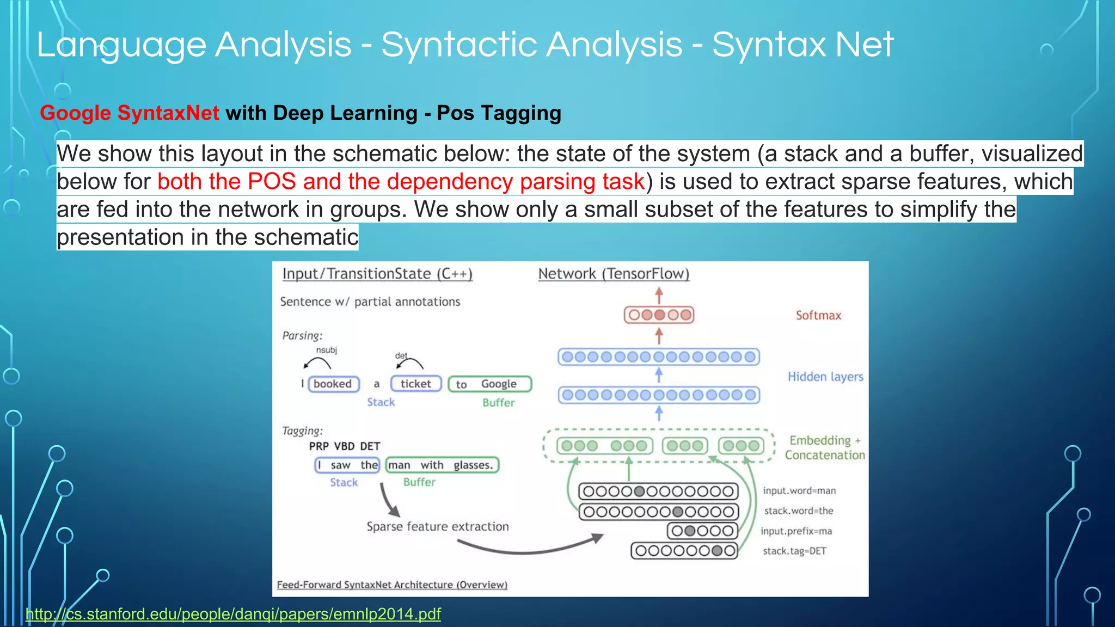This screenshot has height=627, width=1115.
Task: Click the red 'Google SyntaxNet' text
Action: [129, 113]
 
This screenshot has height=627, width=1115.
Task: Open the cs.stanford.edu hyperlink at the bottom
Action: [233, 614]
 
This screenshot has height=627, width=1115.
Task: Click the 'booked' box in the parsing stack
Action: [333, 384]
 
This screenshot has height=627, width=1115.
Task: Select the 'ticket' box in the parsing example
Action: [416, 384]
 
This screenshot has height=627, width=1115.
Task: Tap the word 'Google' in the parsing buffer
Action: [499, 384]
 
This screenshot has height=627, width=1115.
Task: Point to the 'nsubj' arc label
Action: [327, 350]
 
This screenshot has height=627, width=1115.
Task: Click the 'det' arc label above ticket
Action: [401, 355]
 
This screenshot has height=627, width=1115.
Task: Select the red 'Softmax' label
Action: [818, 316]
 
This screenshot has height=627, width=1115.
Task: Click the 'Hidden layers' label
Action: [825, 377]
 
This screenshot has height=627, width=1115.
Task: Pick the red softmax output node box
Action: [659, 315]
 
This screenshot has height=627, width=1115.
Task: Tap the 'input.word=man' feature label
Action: [799, 491]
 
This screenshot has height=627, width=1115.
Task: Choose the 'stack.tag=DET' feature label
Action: [794, 551]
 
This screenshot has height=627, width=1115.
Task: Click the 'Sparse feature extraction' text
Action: [438, 526]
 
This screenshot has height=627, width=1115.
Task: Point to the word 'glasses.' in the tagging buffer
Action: [473, 465]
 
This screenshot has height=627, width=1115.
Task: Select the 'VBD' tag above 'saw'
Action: [344, 446]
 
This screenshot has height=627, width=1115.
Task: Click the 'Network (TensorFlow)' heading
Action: [614, 274]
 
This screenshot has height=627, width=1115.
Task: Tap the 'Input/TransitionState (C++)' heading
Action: [377, 274]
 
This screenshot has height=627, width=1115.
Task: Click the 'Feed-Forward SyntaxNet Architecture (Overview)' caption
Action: [392, 585]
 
